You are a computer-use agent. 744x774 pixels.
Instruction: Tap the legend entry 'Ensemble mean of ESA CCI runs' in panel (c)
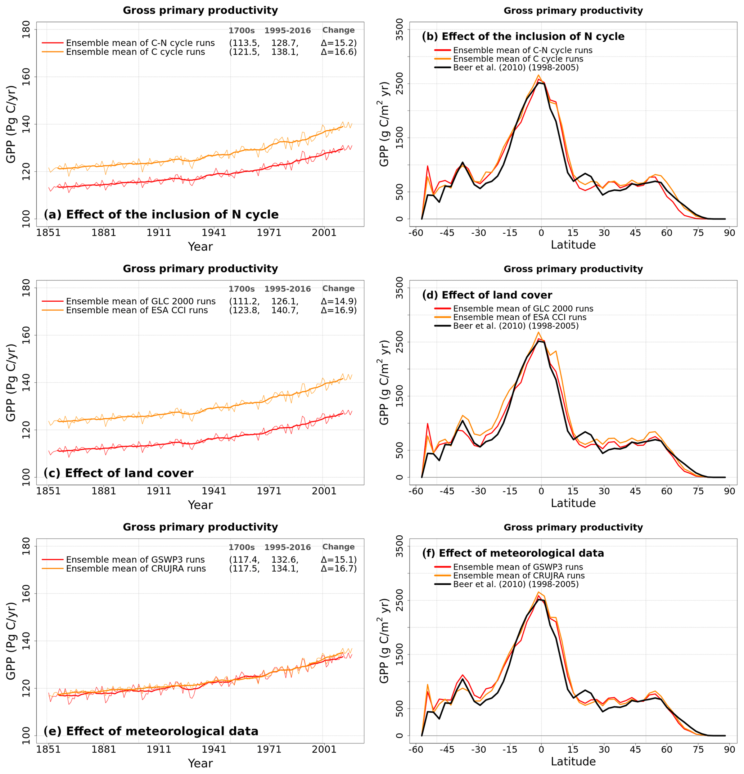coord(137,310)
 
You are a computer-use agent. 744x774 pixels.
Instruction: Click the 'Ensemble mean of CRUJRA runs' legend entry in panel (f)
coord(519,575)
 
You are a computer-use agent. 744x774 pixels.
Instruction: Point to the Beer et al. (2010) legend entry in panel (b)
coord(516,68)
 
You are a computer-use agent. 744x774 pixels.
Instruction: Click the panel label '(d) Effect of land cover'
coord(487,295)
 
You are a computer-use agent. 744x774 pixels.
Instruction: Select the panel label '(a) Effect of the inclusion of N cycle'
coord(161,215)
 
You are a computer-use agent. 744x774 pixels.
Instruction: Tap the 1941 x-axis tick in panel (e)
coord(214,749)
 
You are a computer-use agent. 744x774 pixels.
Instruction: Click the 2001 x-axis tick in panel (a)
coord(324,233)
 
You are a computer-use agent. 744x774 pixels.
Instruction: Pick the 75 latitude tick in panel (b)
coord(698,233)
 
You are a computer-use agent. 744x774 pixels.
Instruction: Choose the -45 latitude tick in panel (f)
coord(447,749)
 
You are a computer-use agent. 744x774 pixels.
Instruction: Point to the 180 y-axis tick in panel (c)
coord(26,288)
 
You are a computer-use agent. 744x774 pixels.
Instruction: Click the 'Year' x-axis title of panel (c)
coord(200,505)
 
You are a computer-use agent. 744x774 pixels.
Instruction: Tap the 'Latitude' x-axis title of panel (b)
coord(573,245)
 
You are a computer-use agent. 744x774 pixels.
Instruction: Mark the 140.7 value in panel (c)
coord(284,310)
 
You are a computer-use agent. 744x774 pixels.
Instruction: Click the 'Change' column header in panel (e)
coord(338,547)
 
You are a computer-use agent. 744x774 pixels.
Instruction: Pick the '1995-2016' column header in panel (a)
coord(288,30)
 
